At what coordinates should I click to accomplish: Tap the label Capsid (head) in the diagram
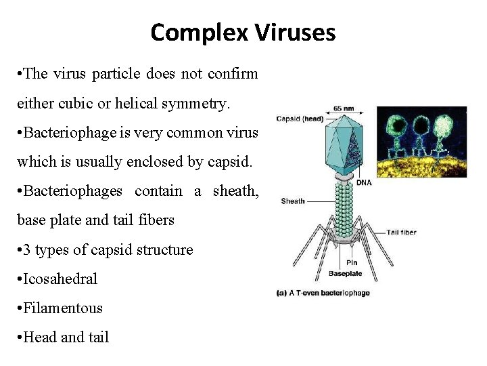coord(298,119)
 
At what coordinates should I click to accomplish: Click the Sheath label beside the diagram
coord(292,201)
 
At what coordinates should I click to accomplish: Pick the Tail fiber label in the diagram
coord(402,232)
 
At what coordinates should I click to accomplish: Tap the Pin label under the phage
coord(352,262)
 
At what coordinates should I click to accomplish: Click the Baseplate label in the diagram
coord(345,274)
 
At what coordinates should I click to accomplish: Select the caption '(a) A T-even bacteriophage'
coord(323,293)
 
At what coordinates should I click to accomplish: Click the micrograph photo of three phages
coord(421,141)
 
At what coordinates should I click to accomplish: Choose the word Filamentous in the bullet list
coord(63,308)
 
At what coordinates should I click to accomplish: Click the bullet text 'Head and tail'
coord(66,337)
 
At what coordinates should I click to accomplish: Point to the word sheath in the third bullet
coord(235,190)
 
